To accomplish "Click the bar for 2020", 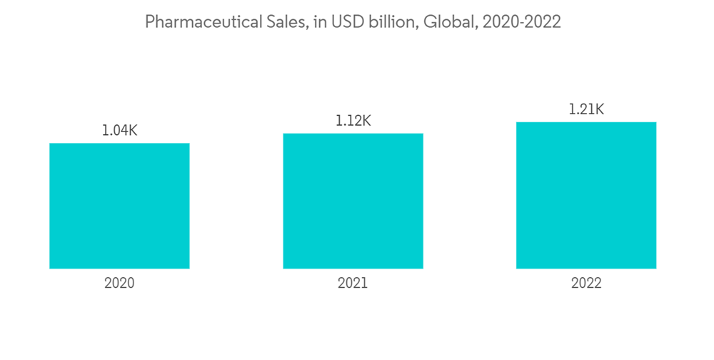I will coord(119,206).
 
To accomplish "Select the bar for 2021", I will coord(353,201).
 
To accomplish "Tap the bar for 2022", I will coord(586,195).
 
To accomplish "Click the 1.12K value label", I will coord(353,121).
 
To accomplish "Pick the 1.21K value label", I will coord(586,109).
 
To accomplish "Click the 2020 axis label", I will coord(119,283).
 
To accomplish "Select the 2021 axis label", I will coord(353,283).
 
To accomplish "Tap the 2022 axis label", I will coord(586,283).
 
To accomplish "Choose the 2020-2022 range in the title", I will coord(521,22).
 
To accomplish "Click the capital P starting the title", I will coord(150,22).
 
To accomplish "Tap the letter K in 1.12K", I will coord(366,121).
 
